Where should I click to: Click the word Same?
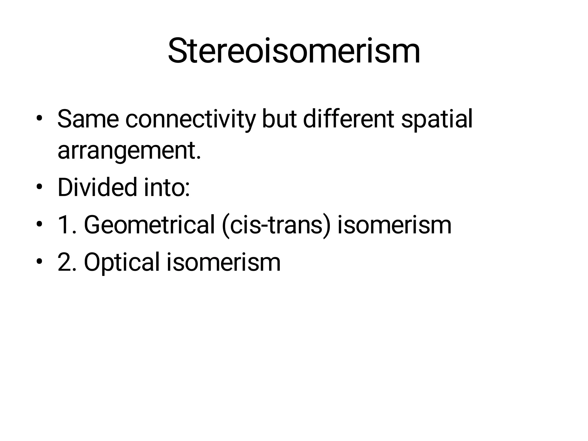88,119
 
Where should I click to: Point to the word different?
349,119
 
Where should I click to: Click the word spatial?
436,119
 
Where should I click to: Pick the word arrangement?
129,151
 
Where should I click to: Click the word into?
167,187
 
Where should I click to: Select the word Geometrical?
149,225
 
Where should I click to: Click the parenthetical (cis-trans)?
276,225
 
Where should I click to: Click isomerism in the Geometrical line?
394,225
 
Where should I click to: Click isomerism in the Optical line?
223,262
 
